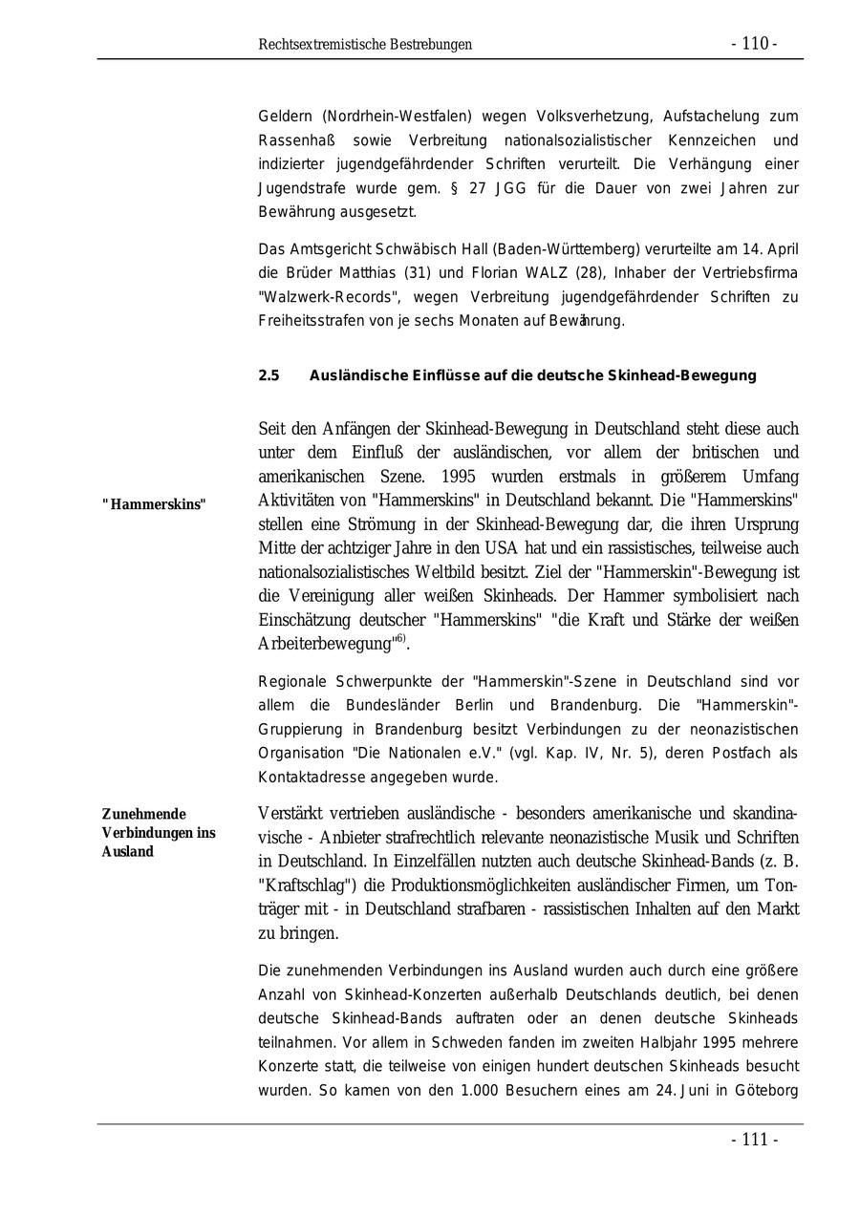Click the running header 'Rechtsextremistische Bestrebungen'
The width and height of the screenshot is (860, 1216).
(365, 45)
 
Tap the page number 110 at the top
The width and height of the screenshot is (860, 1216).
(754, 44)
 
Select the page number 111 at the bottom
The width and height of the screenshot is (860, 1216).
(754, 1140)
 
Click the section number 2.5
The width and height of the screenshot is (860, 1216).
(269, 375)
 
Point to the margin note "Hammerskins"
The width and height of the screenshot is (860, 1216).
(154, 504)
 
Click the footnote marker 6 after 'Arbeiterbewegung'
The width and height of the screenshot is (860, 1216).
(399, 638)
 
